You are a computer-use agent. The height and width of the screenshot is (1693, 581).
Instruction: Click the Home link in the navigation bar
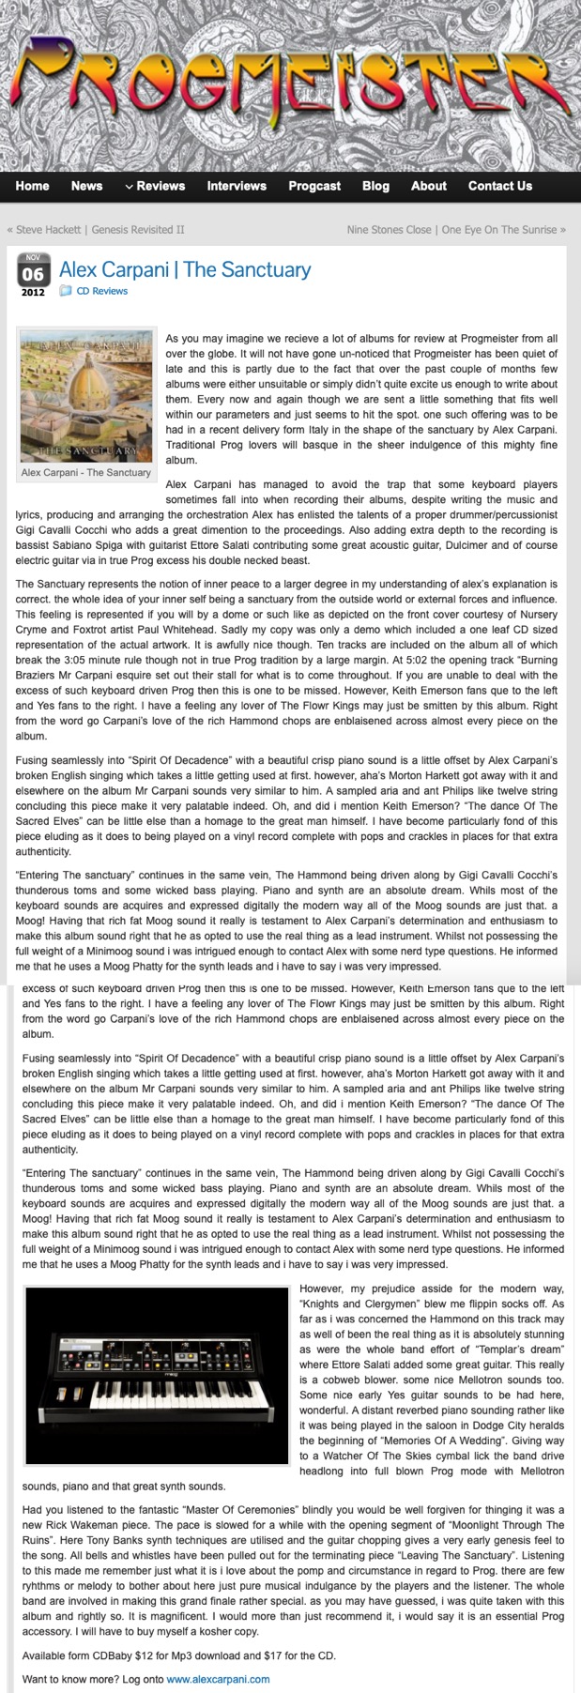[x=32, y=186]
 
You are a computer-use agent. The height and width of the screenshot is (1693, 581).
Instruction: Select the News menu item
[x=86, y=186]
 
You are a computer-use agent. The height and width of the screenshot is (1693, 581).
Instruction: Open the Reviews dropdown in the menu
[x=155, y=186]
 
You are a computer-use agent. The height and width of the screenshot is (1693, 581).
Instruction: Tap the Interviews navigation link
[x=237, y=186]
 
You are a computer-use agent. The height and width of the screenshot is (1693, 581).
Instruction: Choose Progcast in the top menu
[x=314, y=186]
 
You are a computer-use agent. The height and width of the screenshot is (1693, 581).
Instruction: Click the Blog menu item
[x=375, y=186]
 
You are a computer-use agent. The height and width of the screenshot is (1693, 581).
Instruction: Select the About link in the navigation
[x=428, y=186]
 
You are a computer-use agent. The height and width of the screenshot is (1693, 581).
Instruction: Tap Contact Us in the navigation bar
[x=499, y=186]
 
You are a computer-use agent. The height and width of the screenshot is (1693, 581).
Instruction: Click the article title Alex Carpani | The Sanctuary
[x=185, y=269]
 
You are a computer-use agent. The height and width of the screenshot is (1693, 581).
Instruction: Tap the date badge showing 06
[x=33, y=274]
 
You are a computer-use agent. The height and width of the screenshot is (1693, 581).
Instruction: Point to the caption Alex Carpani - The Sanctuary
[x=86, y=473]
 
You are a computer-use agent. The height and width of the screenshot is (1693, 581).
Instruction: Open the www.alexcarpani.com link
[x=218, y=1679]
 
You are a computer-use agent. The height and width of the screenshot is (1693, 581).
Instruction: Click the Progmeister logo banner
[x=290, y=84]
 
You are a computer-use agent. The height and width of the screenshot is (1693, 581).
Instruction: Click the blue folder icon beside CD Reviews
[x=66, y=291]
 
